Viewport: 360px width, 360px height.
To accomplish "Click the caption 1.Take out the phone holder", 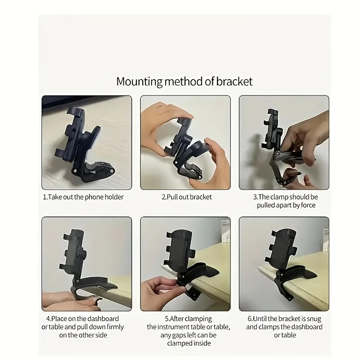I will coord(83,197).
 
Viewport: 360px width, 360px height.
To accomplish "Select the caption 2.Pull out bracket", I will coord(186,197).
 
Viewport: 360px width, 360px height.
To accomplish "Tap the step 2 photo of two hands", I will coord(185,142).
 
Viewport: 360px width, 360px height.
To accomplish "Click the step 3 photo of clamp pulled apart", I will coord(283,142).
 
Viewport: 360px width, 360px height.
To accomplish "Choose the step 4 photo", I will coord(87,264).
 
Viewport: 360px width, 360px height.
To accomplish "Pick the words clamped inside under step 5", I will coord(185,343).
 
